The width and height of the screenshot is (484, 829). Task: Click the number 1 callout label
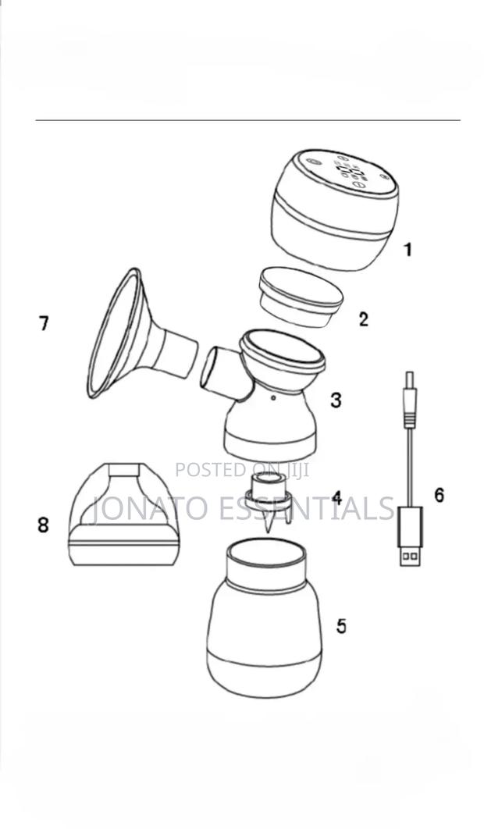click(x=407, y=250)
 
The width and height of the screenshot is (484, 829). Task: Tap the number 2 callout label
click(x=363, y=318)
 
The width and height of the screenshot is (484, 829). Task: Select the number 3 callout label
click(x=336, y=400)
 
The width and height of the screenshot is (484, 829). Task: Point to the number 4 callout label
click(x=336, y=497)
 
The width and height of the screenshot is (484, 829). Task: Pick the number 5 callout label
click(x=341, y=625)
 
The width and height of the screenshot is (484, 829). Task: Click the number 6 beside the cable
click(x=440, y=495)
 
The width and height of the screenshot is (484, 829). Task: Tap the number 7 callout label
click(x=44, y=322)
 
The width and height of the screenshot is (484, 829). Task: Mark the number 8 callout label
click(x=43, y=525)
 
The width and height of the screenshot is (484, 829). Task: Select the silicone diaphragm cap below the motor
click(x=300, y=297)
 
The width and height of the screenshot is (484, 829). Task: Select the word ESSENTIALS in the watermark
click(x=305, y=508)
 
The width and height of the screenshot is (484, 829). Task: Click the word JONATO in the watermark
click(x=148, y=508)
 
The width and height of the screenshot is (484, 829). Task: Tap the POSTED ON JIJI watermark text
click(x=242, y=469)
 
